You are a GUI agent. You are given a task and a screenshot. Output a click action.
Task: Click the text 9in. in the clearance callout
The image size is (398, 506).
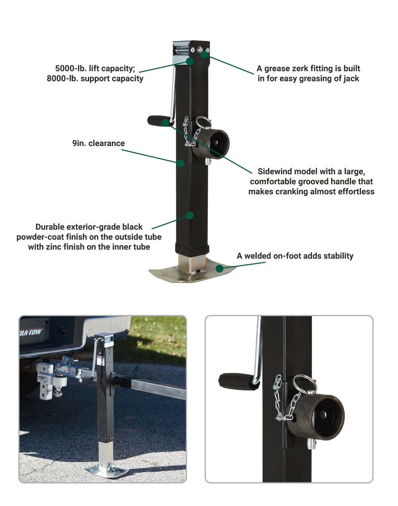79,143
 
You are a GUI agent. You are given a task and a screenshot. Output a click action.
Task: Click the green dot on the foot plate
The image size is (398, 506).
219,268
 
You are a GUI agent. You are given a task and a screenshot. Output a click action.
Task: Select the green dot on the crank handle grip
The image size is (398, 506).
165,123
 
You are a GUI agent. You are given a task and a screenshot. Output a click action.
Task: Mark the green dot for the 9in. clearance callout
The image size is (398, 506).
180,163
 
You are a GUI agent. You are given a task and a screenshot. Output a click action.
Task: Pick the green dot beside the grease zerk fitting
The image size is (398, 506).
204,54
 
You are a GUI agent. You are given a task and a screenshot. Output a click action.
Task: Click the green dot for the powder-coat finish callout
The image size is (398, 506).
190,215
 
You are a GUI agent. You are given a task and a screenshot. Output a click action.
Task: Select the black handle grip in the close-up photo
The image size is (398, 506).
236,381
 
